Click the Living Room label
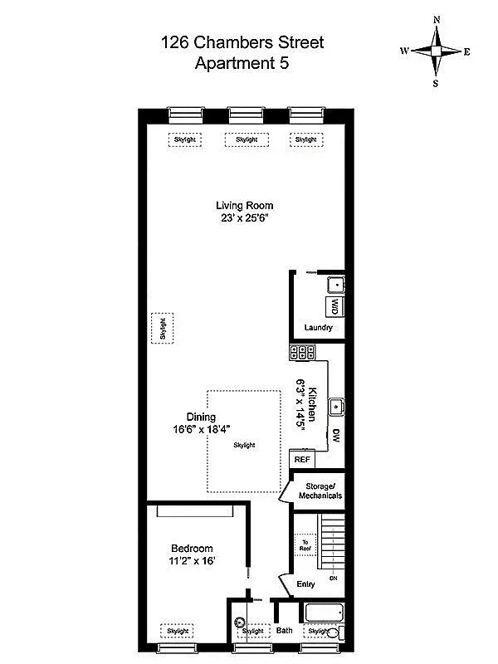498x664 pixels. (x=244, y=206)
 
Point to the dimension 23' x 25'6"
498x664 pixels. (x=244, y=218)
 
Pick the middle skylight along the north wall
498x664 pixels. (x=247, y=139)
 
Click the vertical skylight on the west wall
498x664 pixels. (x=163, y=329)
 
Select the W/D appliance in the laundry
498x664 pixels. (x=334, y=307)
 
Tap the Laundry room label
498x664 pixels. (x=318, y=328)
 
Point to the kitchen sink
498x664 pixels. (x=336, y=408)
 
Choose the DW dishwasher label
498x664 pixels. (x=335, y=436)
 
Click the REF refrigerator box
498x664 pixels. (x=300, y=458)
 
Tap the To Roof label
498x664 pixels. (x=304, y=542)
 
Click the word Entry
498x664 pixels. (x=306, y=583)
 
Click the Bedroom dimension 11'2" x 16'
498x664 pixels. (x=192, y=562)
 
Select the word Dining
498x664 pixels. (x=201, y=417)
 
